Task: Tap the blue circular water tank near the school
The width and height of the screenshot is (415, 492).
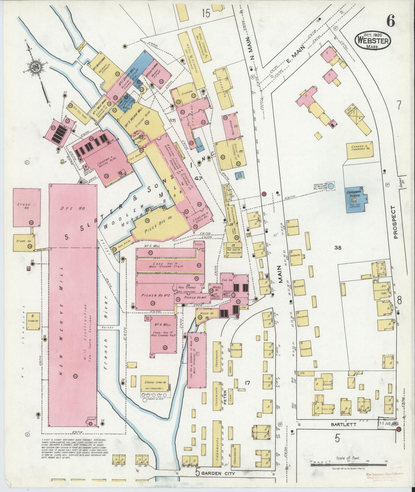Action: (x=331, y=186)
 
